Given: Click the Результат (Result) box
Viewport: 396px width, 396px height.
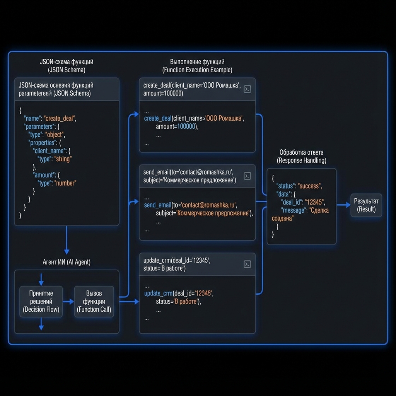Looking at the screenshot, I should (366, 205).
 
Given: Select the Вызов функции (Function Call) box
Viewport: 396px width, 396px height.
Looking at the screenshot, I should (94, 301).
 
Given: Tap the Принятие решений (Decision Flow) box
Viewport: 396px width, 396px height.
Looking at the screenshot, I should (41, 301).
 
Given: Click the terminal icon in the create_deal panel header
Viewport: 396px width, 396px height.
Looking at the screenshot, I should (247, 89).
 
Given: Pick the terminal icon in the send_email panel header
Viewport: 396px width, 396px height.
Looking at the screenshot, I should (247, 176).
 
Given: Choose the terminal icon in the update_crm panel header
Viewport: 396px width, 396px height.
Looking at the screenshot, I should (247, 264).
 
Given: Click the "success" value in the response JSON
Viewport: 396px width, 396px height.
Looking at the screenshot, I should (309, 186).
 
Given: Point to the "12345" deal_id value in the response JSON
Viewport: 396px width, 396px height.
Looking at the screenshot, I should (314, 202).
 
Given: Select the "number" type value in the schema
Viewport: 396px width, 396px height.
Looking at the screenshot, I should (66, 183).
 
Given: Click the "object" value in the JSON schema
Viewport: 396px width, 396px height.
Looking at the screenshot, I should (55, 135).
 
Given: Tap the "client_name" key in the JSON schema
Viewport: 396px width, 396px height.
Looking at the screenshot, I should (49, 151).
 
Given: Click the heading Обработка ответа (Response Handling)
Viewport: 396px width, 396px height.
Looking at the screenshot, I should (301, 156).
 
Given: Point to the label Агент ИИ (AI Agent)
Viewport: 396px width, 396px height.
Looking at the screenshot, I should (67, 262).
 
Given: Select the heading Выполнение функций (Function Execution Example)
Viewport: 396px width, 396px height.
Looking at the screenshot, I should (197, 66).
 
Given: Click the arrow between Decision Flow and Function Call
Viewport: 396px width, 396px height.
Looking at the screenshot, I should (68, 301).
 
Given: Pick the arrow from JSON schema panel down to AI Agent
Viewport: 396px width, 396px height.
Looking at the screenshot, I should (67, 240).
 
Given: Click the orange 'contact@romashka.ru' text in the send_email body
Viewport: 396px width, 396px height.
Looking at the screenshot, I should (209, 205).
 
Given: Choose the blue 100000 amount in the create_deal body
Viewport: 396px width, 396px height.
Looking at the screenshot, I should (186, 126).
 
